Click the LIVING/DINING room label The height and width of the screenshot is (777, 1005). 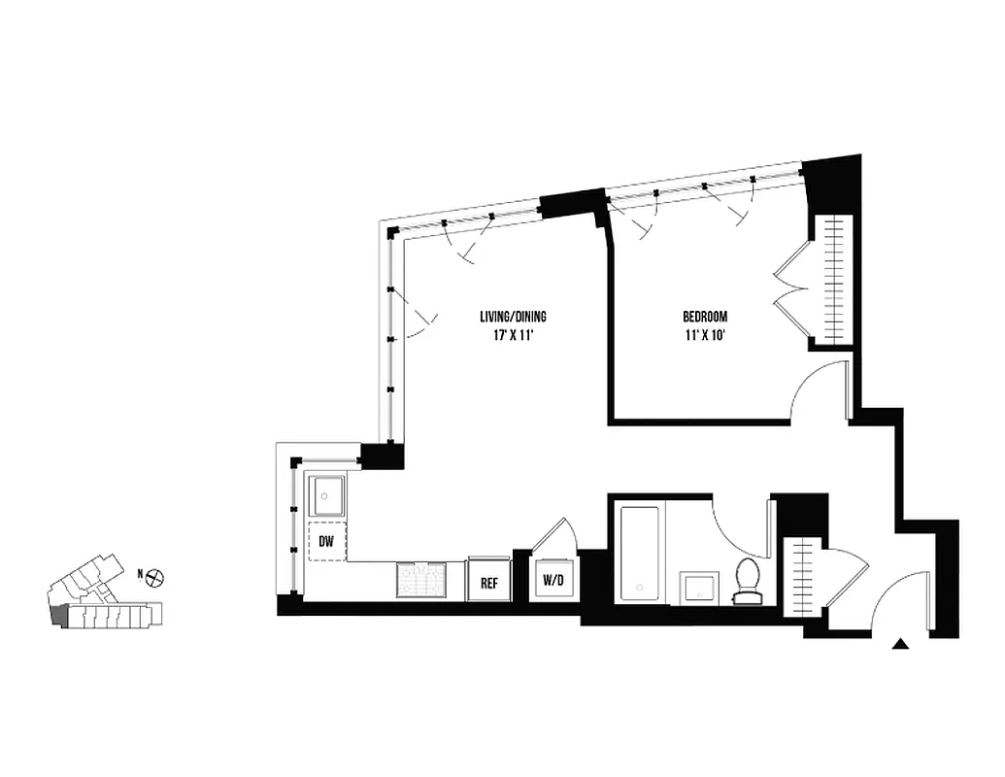tap(513, 317)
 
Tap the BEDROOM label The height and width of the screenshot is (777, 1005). tap(704, 317)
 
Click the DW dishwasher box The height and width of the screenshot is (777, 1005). tap(326, 543)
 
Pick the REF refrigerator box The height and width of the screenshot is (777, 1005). tap(489, 582)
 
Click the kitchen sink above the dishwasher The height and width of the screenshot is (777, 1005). tap(326, 496)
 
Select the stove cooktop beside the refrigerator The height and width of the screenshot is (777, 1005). tap(419, 579)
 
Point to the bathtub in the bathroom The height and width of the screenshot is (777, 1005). tap(640, 552)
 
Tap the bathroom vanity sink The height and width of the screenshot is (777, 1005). tap(697, 587)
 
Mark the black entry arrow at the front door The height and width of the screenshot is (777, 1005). tap(902, 642)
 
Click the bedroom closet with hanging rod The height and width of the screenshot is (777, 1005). tap(833, 279)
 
